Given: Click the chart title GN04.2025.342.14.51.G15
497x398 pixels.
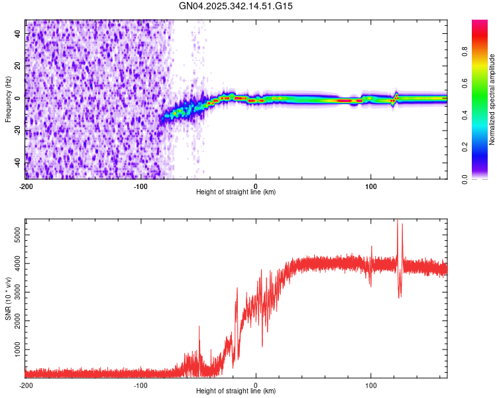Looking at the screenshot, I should pyautogui.click(x=236, y=6).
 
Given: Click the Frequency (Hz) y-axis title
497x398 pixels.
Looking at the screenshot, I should pyautogui.click(x=8, y=99).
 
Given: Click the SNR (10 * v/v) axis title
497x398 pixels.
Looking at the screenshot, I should pyautogui.click(x=8, y=298).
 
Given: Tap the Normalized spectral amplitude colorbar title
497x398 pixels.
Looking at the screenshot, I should pyautogui.click(x=492, y=99).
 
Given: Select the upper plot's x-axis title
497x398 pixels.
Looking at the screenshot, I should pyautogui.click(x=236, y=192).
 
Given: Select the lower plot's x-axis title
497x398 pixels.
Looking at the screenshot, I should pyautogui.click(x=236, y=391).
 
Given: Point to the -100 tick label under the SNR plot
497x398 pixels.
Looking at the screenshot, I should pyautogui.click(x=140, y=385).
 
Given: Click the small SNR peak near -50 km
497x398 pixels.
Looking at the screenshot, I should pyautogui.click(x=199, y=327).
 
